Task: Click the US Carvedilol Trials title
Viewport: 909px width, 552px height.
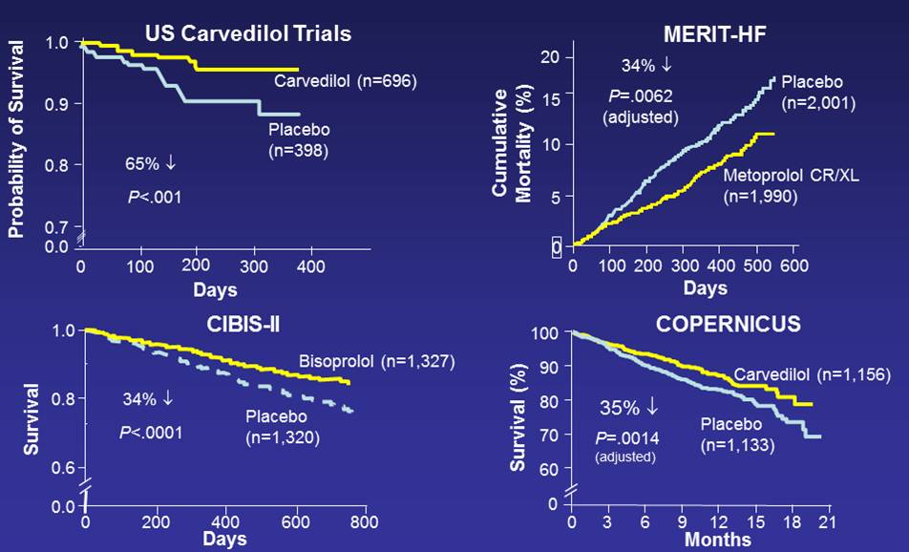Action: click(x=248, y=33)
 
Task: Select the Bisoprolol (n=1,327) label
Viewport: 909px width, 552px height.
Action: click(x=377, y=362)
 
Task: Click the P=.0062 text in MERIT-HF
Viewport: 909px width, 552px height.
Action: click(x=641, y=96)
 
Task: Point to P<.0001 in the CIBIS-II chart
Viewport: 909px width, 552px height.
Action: click(x=151, y=433)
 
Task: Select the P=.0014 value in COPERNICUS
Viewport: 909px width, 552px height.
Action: click(x=626, y=437)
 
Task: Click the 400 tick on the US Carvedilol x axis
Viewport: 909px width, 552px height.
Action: click(x=310, y=265)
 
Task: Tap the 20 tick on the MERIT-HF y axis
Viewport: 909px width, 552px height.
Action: click(x=549, y=58)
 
